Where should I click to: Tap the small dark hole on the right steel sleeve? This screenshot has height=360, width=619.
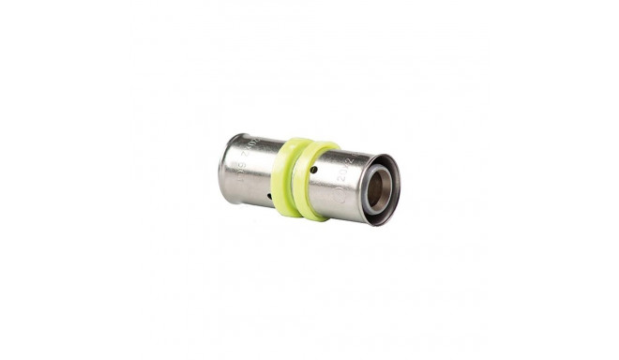[313, 169]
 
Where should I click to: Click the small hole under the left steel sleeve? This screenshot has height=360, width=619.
[269, 197]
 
